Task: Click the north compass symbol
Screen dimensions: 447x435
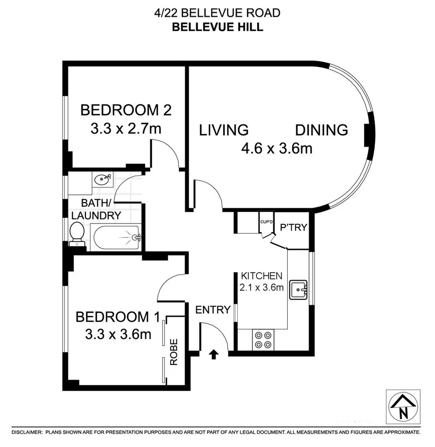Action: point(403,407)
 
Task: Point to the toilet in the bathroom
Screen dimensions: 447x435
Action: point(77,233)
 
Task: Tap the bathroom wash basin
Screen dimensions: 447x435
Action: point(102,180)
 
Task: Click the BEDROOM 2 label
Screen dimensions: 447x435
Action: point(126,111)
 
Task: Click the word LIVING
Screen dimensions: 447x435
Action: point(224,130)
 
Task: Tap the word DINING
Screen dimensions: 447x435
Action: point(321,130)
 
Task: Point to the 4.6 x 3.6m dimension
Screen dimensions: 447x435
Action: point(277,148)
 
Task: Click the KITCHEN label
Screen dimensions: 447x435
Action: point(262,276)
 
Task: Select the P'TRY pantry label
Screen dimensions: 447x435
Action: point(293,227)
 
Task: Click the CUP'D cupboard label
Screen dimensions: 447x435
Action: point(266,222)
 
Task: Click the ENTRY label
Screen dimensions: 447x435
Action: point(213,310)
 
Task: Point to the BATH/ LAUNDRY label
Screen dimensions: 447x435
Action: point(96,209)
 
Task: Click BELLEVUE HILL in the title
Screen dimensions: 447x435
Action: point(217,27)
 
